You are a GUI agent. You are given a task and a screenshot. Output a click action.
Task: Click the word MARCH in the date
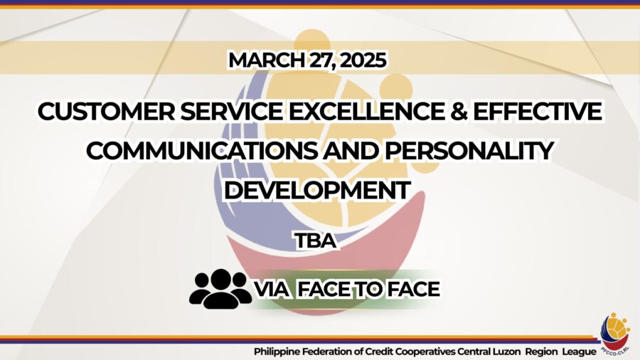tap(266, 60)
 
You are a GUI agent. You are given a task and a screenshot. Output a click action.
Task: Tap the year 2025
tap(363, 60)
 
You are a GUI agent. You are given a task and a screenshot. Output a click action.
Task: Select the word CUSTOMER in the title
tap(106, 112)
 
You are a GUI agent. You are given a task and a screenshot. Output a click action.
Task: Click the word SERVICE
tap(231, 112)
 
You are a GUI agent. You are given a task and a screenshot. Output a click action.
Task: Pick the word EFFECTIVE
tap(537, 112)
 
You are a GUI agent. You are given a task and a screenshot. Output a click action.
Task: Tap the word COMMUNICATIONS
tap(202, 151)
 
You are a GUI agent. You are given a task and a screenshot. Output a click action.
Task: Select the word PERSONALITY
tap(469, 151)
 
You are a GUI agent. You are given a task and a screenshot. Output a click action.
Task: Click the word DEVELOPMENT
tap(318, 190)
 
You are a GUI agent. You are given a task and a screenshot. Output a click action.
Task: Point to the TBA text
tap(316, 240)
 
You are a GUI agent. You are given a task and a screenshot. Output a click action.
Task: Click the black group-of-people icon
tap(220, 289)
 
